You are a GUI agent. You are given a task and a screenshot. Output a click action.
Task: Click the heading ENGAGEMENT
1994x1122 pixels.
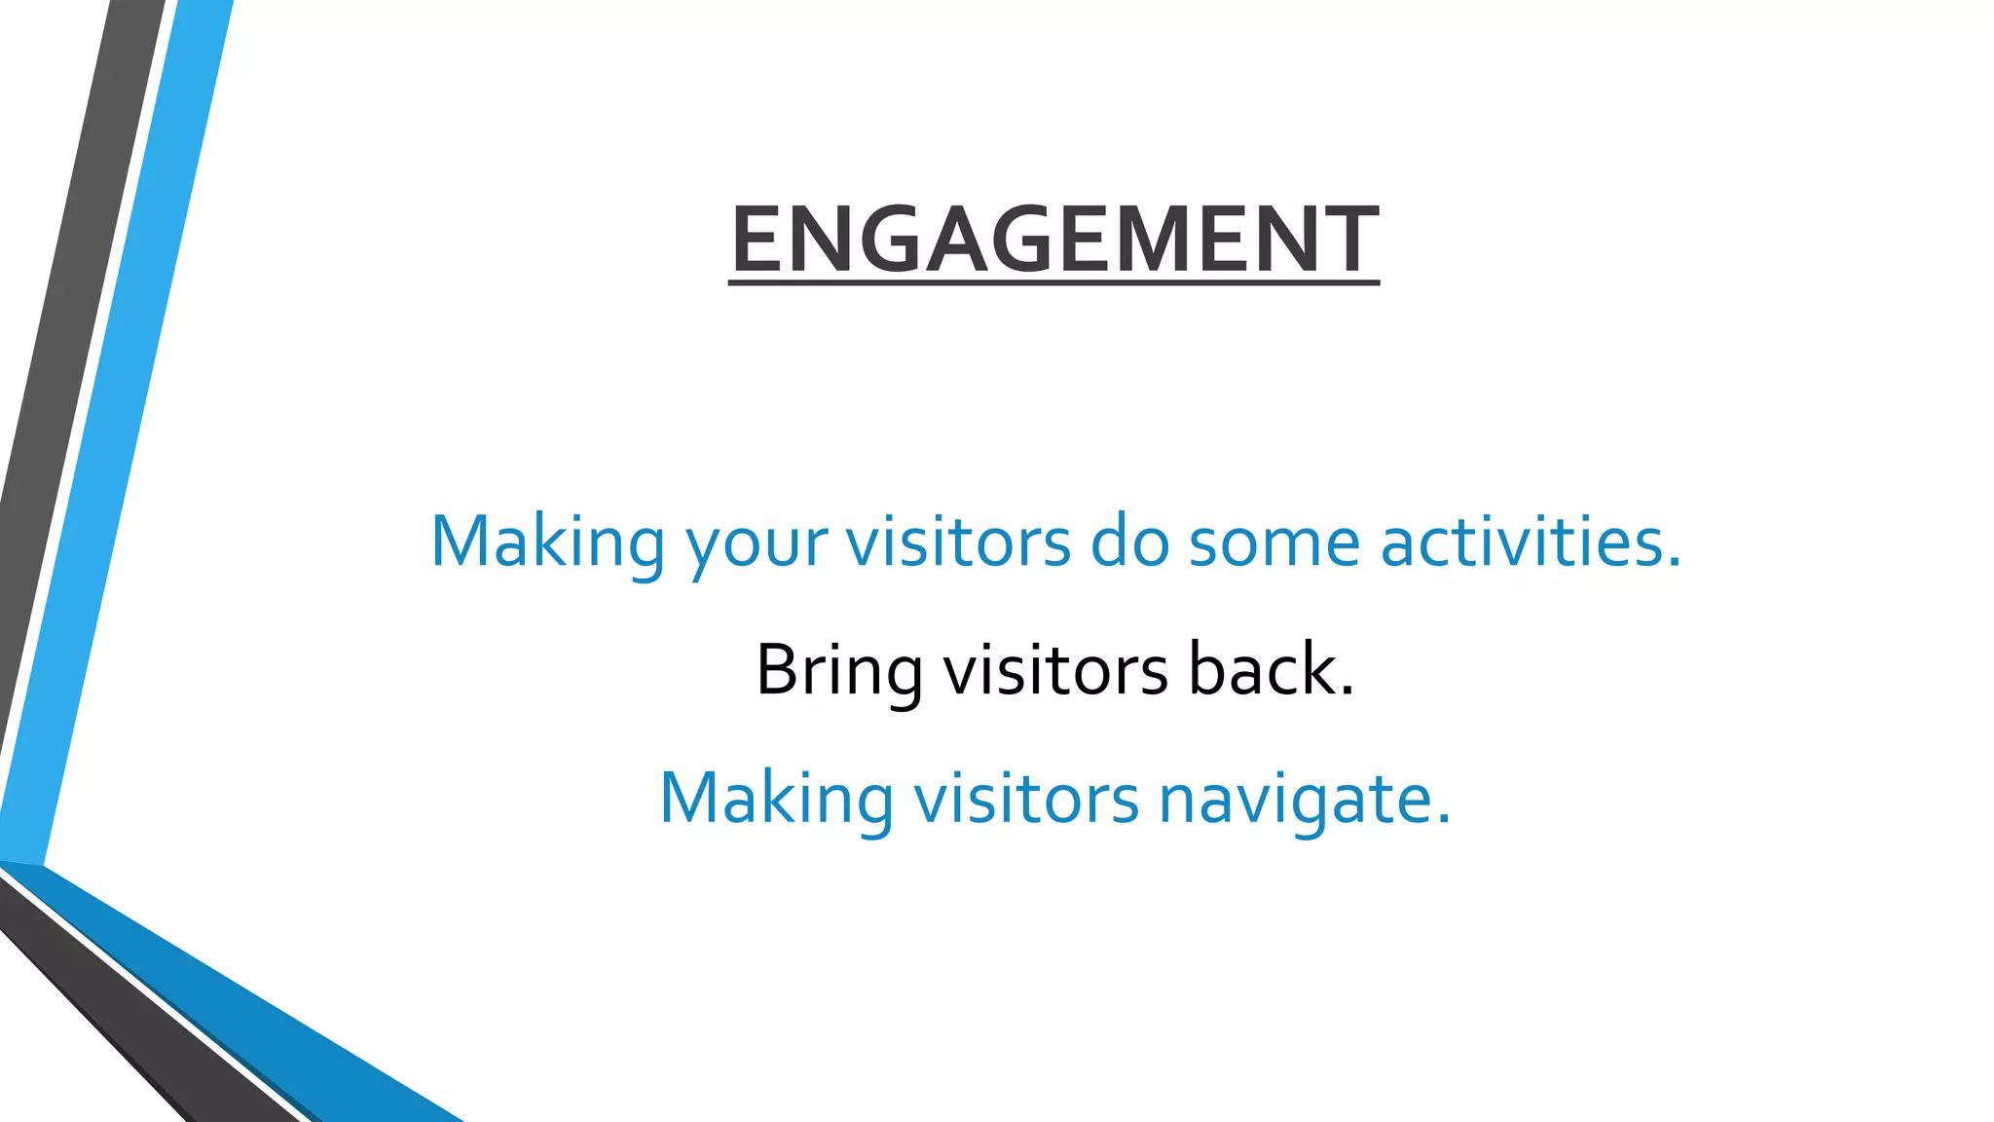1053,239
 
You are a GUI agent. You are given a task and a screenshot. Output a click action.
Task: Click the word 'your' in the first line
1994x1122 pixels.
757,543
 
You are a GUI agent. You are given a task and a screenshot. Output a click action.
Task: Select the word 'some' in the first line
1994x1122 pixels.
1274,543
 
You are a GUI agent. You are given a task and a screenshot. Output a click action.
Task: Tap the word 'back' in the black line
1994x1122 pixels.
1262,670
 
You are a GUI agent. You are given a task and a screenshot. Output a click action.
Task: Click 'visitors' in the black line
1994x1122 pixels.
1055,670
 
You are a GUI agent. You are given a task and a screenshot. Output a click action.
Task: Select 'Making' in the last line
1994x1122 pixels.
776,800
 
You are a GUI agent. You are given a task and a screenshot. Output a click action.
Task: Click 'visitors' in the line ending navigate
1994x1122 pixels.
1025,799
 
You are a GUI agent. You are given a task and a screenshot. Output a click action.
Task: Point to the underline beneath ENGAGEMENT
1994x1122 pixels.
1053,283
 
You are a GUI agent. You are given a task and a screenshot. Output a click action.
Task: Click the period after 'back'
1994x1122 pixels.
1347,692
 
